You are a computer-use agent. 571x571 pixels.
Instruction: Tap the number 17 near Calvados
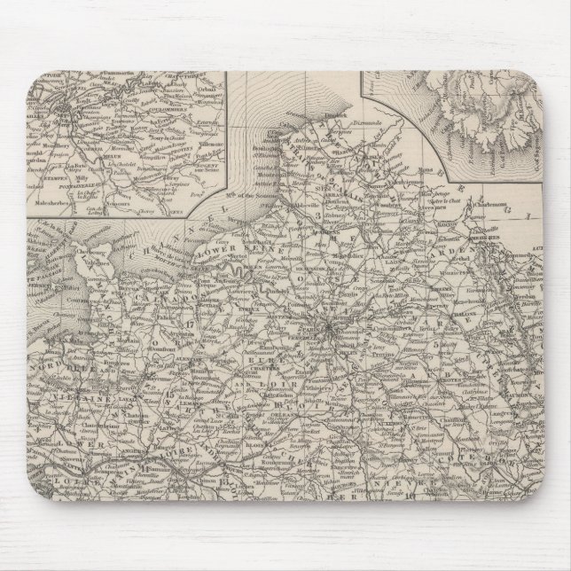[x=192, y=325]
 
